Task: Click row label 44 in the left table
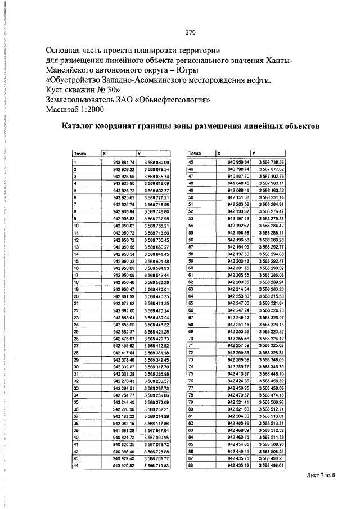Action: [x=76, y=465]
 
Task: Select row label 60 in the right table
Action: [x=191, y=268]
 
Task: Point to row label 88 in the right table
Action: [x=191, y=465]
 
